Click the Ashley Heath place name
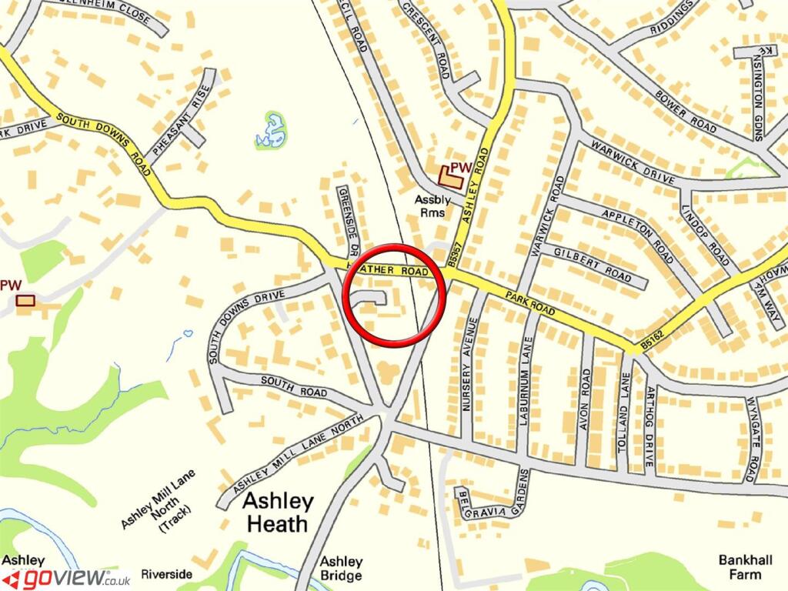[278, 513]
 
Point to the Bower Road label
[685, 114]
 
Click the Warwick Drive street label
[626, 160]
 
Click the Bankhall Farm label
[744, 567]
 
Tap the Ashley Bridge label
[341, 568]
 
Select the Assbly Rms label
[430, 205]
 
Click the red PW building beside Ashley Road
[451, 177]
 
